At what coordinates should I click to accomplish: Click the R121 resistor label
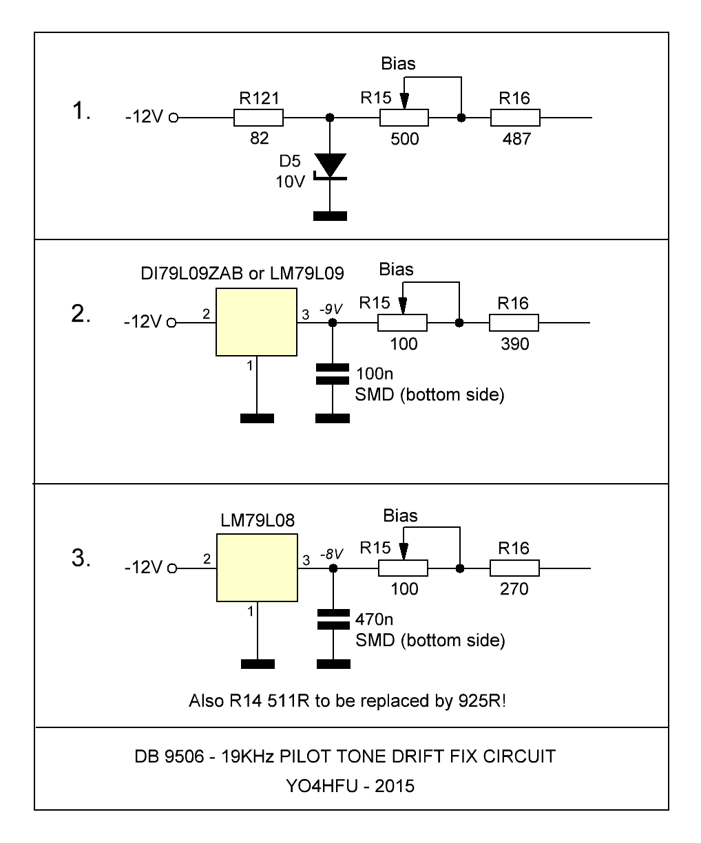click(x=259, y=99)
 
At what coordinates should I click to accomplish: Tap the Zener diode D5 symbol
click(x=331, y=166)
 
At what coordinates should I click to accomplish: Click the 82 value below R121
click(x=259, y=139)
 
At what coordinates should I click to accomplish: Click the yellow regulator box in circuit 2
click(x=255, y=322)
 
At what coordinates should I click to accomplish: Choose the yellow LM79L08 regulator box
click(x=256, y=568)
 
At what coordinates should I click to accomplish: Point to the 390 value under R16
click(x=514, y=344)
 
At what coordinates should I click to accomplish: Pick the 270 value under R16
click(x=514, y=590)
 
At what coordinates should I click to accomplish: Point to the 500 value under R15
click(x=404, y=139)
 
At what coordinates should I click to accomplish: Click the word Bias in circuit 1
click(x=399, y=64)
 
